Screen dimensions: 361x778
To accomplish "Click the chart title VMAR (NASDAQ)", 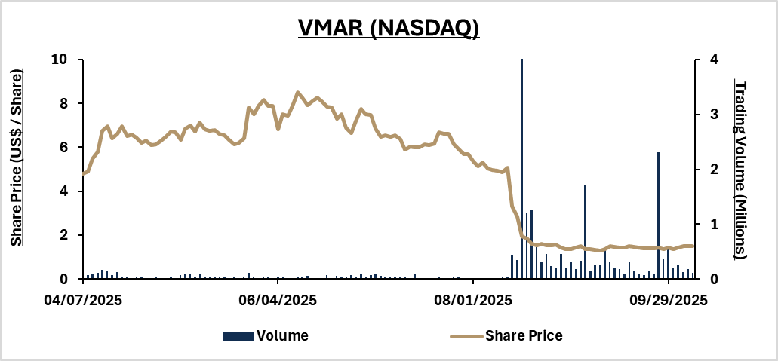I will pyautogui.click(x=389, y=29).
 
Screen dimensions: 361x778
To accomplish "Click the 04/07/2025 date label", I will pyautogui.click(x=83, y=300).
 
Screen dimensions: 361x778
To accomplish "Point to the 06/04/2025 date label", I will pyautogui.click(x=278, y=300).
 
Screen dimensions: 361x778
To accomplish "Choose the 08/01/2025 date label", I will pyautogui.click(x=473, y=300).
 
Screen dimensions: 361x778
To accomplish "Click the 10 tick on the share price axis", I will pyautogui.click(x=58, y=60).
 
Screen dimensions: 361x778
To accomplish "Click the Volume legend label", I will pyautogui.click(x=282, y=335).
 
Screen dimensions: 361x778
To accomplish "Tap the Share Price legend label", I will pyautogui.click(x=524, y=335).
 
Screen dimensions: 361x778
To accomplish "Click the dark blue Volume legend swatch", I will pyautogui.click(x=238, y=335).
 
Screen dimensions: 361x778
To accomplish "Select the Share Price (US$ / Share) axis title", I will pyautogui.click(x=17, y=156).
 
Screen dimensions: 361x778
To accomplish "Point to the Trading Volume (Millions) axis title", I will pyautogui.click(x=741, y=170).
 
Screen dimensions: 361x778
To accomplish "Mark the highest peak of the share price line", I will pyautogui.click(x=297, y=93).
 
